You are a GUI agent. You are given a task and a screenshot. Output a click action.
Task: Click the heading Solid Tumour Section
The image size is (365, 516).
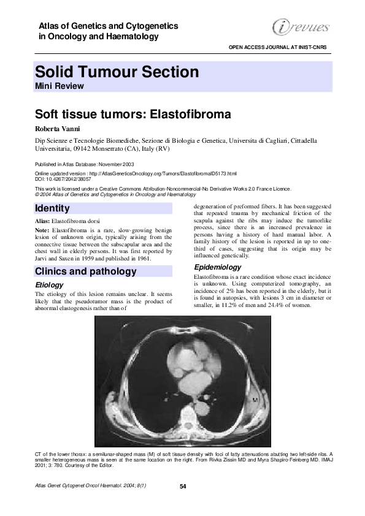click(117, 72)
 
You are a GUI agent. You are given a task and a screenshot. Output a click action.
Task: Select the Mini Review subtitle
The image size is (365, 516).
click(59, 86)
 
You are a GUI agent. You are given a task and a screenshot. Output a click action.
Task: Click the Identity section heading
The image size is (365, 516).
click(53, 208)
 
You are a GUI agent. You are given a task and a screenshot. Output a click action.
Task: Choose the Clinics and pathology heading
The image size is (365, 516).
click(85, 271)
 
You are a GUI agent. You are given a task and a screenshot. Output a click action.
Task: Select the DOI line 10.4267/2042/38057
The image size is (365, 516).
click(67, 180)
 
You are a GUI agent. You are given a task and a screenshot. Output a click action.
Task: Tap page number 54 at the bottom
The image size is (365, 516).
click(183, 487)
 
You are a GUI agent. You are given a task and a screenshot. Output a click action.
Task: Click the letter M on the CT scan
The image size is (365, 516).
click(254, 400)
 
